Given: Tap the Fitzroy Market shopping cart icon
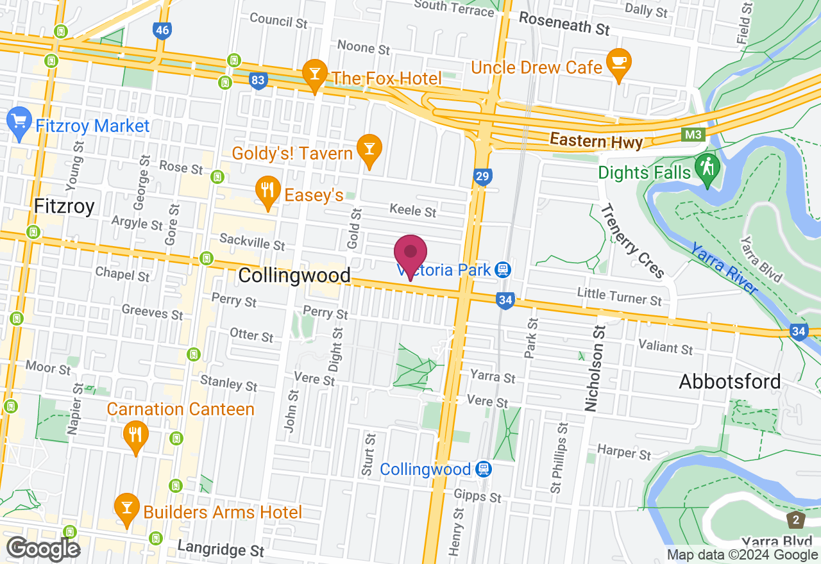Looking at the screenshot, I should (19, 122).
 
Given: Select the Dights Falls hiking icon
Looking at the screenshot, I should (707, 169).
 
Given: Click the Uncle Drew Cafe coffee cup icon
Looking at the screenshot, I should (619, 63).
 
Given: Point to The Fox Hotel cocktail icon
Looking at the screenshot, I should (315, 74).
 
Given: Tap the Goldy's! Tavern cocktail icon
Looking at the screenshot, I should (369, 149).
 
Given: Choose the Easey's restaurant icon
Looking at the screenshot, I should (267, 191).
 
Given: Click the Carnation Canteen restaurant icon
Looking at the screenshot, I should (135, 436).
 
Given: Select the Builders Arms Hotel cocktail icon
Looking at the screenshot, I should (126, 509).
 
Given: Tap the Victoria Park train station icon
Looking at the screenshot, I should (504, 270).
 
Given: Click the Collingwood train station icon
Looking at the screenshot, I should (484, 469).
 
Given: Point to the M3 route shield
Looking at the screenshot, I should (691, 135).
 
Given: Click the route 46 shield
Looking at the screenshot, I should (162, 29).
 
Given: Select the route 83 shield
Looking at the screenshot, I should (258, 81).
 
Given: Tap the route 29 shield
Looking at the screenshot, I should (483, 176).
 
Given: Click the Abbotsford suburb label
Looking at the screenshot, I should (730, 381).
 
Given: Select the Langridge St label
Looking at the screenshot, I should (221, 549).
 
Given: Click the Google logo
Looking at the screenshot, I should (43, 549).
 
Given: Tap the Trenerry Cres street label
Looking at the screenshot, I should (632, 242).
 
